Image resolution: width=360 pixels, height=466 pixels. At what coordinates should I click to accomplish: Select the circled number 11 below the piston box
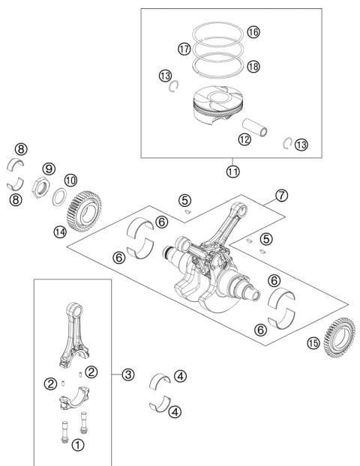[x=233, y=170]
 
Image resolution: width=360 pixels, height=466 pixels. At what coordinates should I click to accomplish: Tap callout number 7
[x=280, y=194]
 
